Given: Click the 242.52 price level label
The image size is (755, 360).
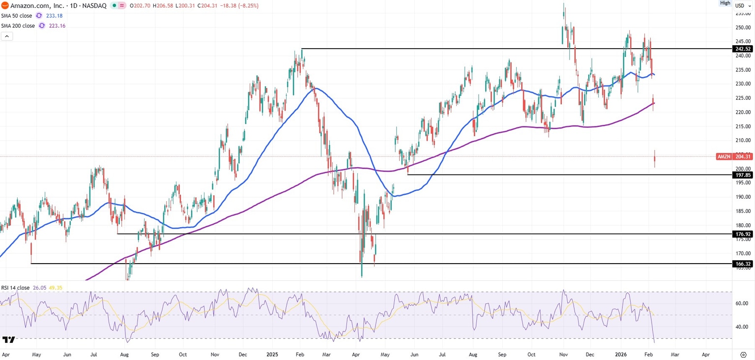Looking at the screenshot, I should tap(742, 49).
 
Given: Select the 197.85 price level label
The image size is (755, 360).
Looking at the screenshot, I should tap(742, 175).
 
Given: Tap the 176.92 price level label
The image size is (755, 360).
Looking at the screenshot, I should tap(742, 234).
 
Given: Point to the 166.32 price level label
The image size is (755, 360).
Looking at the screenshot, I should tap(742, 264).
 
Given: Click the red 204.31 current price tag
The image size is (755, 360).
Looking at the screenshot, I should tap(742, 156).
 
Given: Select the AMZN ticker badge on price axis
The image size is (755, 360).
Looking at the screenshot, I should tap(724, 156).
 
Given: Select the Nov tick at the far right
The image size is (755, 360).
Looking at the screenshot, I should tap(563, 354).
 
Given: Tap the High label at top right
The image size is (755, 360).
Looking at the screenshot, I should tap(725, 3).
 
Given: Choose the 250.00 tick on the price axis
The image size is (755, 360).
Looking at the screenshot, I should tap(742, 28).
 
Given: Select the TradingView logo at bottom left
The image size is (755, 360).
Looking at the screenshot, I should tap(9, 339).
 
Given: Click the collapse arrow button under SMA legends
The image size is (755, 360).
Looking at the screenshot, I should tap(7, 36).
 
